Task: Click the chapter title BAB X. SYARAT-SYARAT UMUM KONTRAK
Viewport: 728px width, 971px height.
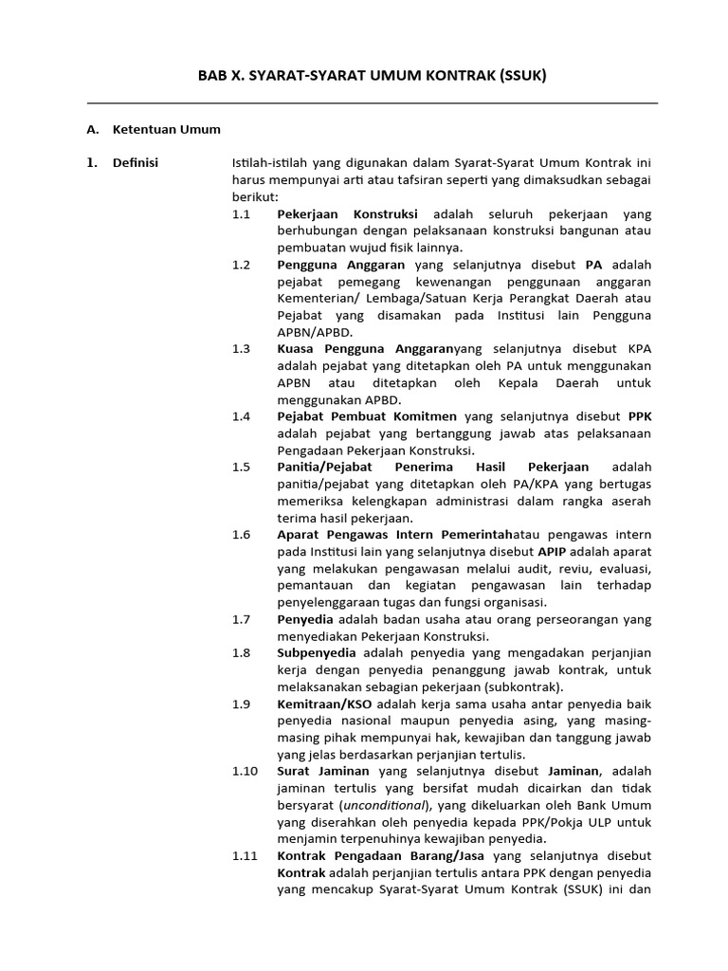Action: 372,75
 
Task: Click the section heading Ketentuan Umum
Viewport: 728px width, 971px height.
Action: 166,129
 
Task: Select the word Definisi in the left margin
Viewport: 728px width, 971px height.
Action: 136,163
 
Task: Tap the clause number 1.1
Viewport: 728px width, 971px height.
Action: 241,214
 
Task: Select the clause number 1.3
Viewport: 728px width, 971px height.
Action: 241,349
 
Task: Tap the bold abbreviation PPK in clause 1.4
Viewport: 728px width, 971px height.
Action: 639,416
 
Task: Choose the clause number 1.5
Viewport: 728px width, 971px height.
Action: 241,467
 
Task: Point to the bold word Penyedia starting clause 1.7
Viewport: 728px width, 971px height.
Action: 305,618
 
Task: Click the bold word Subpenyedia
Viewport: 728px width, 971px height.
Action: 317,652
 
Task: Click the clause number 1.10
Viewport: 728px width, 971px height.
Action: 244,771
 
